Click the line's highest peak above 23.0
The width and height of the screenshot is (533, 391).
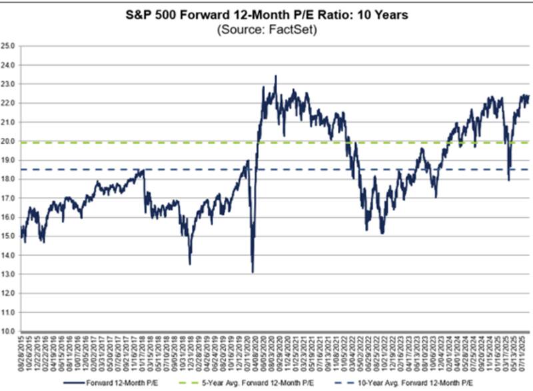pyautogui.click(x=276, y=76)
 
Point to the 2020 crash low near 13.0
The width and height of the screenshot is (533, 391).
pyautogui.click(x=253, y=272)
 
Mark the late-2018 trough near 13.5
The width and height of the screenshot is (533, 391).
pyautogui.click(x=190, y=264)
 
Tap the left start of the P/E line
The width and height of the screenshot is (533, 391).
pyautogui.click(x=21, y=230)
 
